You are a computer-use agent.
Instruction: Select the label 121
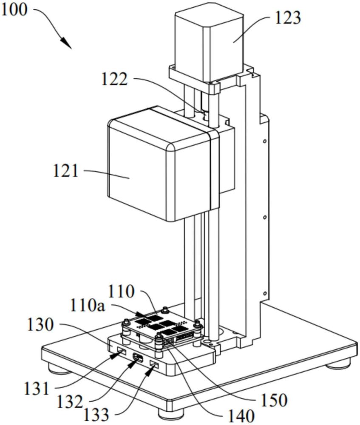tap(66, 171)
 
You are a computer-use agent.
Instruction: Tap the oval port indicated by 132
tap(137, 358)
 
